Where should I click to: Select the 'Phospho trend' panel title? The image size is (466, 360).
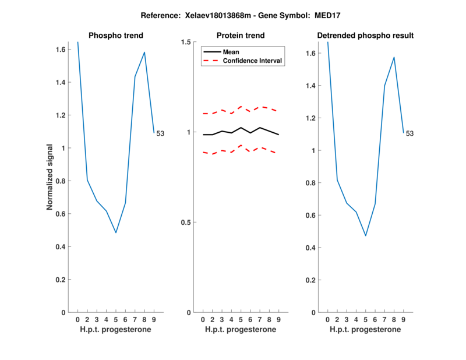[115, 36]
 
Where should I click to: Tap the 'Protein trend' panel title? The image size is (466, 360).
[240, 36]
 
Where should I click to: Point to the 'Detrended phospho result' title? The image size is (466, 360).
[365, 36]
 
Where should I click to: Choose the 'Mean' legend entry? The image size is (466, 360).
[231, 52]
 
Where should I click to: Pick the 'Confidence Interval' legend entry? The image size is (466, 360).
[253, 61]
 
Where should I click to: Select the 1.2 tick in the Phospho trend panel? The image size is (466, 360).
[61, 115]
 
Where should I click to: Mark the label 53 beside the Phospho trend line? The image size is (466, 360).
[160, 133]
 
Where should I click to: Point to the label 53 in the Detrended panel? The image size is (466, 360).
[409, 133]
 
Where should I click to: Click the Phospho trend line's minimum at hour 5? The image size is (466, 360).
[116, 232]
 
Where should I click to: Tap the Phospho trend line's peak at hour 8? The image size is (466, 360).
[144, 52]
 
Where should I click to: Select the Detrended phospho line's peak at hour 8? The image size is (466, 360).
[394, 57]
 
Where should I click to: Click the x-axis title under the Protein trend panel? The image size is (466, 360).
[240, 330]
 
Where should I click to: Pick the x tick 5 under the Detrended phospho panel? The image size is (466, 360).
[366, 319]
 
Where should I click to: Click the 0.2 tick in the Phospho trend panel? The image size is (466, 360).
[61, 280]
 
